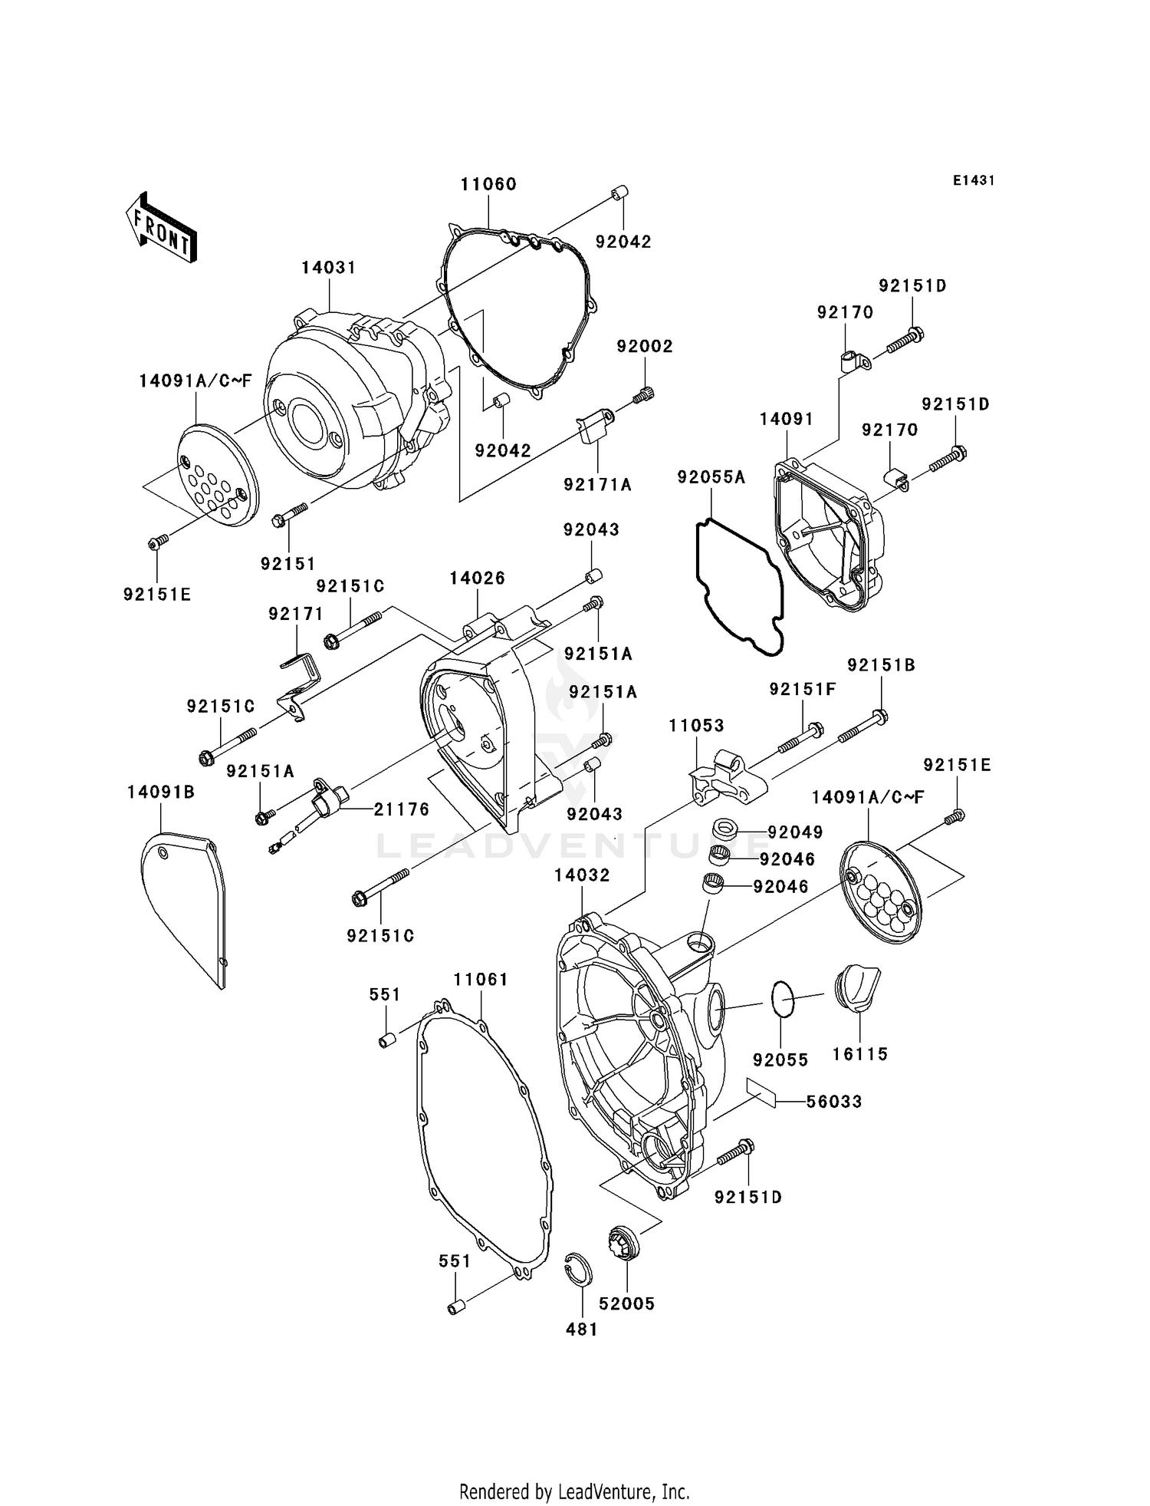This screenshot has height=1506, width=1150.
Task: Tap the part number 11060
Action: pyautogui.click(x=488, y=184)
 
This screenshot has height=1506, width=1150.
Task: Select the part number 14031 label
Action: pyautogui.click(x=328, y=268)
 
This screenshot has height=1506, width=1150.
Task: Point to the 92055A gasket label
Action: pyautogui.click(x=711, y=477)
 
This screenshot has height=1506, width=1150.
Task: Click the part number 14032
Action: pyautogui.click(x=583, y=875)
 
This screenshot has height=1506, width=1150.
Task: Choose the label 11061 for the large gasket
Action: pyautogui.click(x=481, y=980)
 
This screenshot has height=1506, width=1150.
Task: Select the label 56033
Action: pyautogui.click(x=833, y=1101)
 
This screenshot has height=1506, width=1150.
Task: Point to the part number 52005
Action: pyautogui.click(x=626, y=1303)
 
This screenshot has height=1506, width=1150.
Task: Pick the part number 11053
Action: pyautogui.click(x=696, y=725)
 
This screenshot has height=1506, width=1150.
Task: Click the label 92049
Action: pyautogui.click(x=795, y=832)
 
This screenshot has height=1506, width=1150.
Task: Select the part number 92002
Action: pyautogui.click(x=645, y=346)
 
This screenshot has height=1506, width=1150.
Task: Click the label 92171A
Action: pyautogui.click(x=597, y=485)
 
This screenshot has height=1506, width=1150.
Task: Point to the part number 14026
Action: pyautogui.click(x=477, y=578)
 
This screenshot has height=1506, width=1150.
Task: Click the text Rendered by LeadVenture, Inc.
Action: pyautogui.click(x=574, y=1491)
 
